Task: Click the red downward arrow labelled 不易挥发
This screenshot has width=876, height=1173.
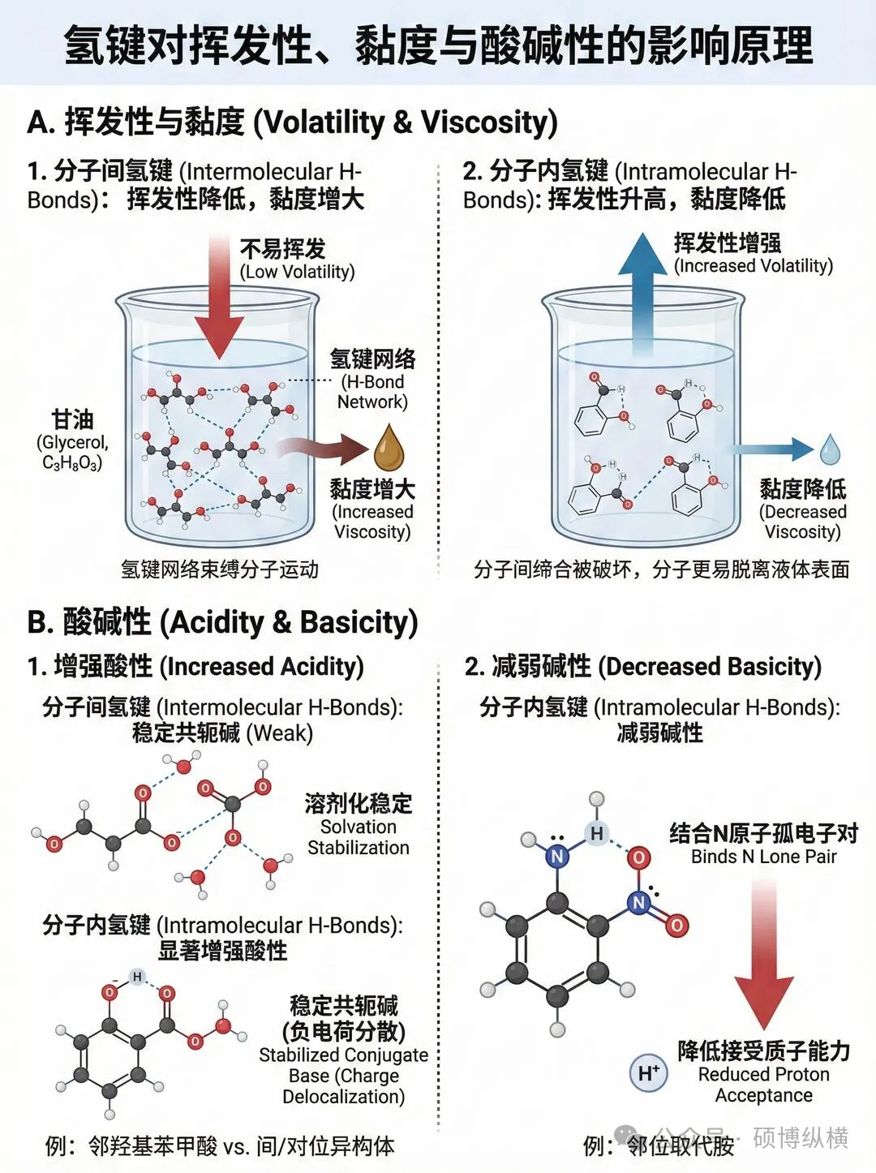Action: coord(219,292)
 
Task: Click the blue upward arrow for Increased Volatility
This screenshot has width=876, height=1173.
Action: coord(642,292)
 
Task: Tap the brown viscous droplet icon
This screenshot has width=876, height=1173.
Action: coord(389,449)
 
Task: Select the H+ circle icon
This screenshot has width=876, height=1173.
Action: coord(648,1072)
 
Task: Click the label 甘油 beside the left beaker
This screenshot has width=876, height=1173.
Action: coord(72,419)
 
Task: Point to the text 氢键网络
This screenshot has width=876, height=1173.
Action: coord(372,358)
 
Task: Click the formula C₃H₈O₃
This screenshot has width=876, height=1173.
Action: coord(72,463)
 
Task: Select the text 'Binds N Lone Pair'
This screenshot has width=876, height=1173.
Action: coord(763,857)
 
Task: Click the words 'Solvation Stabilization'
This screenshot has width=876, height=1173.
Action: coord(359,837)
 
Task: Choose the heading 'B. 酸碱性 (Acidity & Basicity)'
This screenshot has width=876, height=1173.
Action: coord(222,622)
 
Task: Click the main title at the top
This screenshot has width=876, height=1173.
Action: coord(438,44)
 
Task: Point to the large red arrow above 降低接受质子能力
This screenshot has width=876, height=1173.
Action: coord(763,957)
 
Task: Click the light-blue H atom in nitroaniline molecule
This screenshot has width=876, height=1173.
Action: coord(596,833)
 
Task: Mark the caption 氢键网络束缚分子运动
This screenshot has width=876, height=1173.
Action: coord(219,569)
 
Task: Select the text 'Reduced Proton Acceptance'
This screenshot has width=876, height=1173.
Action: coord(763,1085)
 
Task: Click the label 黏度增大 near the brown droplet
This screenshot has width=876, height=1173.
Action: coord(372,488)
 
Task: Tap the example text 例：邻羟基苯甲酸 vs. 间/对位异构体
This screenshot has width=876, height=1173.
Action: coord(220,1146)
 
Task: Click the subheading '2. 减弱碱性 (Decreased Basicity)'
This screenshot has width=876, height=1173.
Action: coord(643,667)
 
